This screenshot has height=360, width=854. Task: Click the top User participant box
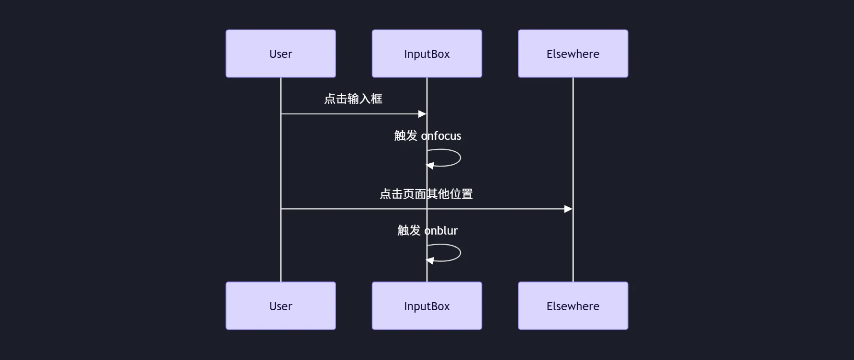pyautogui.click(x=281, y=54)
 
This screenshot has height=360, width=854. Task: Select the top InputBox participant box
pyautogui.click(x=427, y=54)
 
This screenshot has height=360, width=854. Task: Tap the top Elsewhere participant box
pyautogui.click(x=573, y=54)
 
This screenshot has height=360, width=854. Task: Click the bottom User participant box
pyautogui.click(x=281, y=305)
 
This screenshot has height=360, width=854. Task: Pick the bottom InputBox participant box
pyautogui.click(x=427, y=305)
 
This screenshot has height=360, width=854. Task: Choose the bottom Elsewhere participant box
pyautogui.click(x=573, y=305)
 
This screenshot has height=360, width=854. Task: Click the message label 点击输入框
pyautogui.click(x=353, y=99)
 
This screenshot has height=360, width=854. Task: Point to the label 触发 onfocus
pyautogui.click(x=427, y=136)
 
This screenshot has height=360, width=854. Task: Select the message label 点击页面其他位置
pyautogui.click(x=426, y=194)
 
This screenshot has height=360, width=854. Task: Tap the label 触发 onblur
pyautogui.click(x=427, y=231)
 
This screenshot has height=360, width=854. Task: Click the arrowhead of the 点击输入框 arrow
pyautogui.click(x=422, y=114)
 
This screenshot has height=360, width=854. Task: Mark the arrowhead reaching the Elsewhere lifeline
pyautogui.click(x=568, y=209)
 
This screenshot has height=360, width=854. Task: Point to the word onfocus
pyautogui.click(x=441, y=136)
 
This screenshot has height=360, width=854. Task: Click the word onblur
pyautogui.click(x=441, y=231)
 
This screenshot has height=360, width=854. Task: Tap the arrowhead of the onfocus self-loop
pyautogui.click(x=430, y=166)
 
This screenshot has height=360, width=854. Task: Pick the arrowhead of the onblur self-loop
pyautogui.click(x=430, y=260)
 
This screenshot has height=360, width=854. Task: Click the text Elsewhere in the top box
pyautogui.click(x=573, y=54)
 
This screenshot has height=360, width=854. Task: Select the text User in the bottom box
pyautogui.click(x=281, y=306)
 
